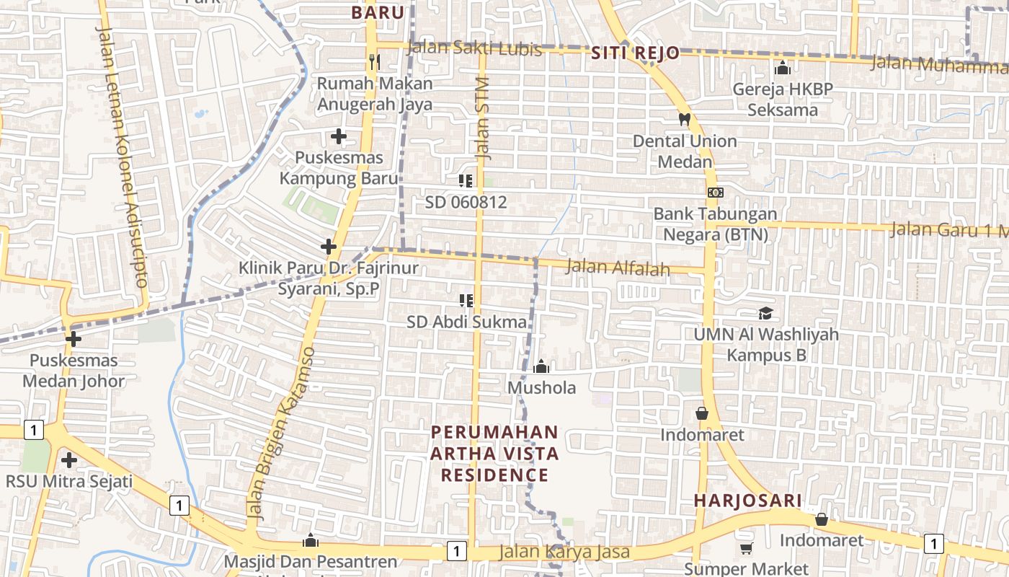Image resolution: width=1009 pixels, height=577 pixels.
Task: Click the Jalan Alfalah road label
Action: pos(618,268)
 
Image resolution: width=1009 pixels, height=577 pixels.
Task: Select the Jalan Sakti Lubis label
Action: pos(474,48)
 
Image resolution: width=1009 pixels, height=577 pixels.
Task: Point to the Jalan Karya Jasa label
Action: pos(565,552)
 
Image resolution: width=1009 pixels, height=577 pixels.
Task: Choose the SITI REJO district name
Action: pos(635,53)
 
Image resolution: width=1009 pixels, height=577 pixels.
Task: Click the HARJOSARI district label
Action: pos(747,501)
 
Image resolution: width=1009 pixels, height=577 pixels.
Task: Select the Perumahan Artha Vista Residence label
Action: pos(494,454)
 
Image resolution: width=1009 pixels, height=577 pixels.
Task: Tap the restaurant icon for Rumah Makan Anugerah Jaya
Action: pos(374,61)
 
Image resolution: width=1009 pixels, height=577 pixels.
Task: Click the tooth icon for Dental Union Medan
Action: pos(684,119)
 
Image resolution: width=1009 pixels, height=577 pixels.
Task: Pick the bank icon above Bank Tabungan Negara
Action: pos(715,193)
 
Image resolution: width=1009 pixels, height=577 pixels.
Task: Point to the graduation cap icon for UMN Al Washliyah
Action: pos(765,313)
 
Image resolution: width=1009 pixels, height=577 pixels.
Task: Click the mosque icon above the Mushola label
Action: pos(541,366)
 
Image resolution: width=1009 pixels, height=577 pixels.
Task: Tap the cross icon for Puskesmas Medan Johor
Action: pos(73,339)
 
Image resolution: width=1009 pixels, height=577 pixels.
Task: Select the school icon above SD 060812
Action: pos(466,180)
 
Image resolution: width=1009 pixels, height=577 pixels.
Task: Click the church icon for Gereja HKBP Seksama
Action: pos(783,68)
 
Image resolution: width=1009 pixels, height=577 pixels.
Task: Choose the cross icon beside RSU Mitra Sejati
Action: pos(69,459)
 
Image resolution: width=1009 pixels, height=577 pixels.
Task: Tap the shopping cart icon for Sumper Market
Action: pos(746,549)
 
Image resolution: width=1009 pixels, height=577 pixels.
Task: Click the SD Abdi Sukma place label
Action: pos(466,322)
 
